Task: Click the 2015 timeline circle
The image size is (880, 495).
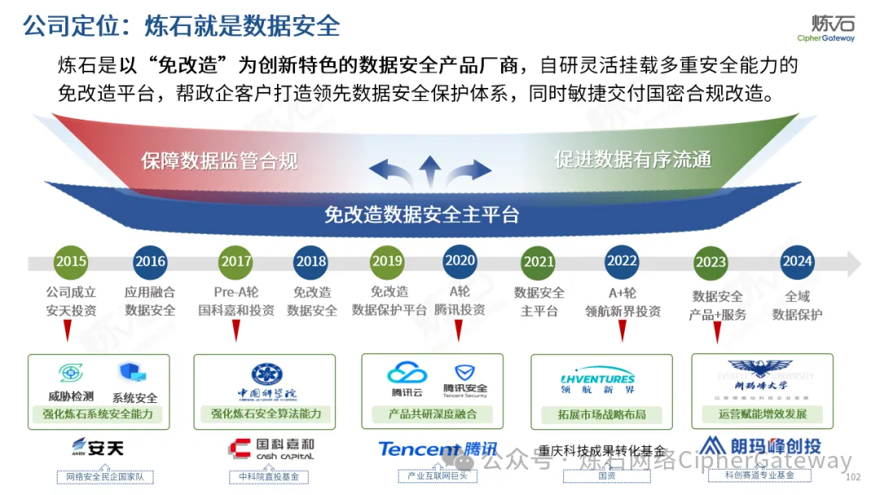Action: coord(71,261)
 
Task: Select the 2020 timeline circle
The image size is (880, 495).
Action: coord(460,261)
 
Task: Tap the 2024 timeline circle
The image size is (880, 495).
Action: coord(797,261)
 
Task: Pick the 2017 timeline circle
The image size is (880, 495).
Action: coord(236,261)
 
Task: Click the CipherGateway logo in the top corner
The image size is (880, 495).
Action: coord(826,28)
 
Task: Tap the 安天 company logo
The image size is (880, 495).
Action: coord(97,448)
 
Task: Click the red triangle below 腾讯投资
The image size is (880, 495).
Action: coord(459,330)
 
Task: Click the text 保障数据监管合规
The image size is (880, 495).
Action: coord(219,160)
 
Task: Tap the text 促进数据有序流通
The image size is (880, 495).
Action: coord(632,159)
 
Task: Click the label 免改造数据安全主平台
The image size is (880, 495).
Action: coord(421,214)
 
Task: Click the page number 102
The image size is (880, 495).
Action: coord(854,477)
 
